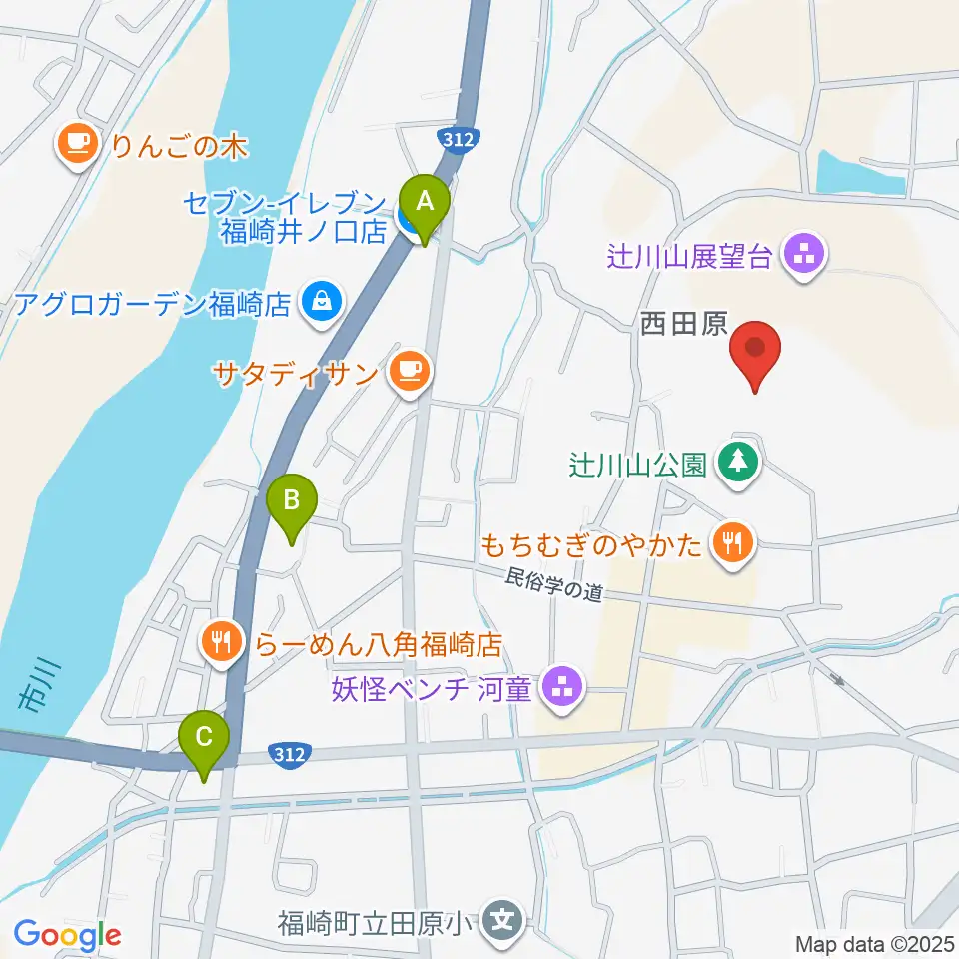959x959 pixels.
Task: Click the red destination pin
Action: pyautogui.click(x=755, y=352)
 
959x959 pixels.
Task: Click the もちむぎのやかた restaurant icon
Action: pyautogui.click(x=732, y=544)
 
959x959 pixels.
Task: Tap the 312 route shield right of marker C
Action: pyautogui.click(x=291, y=755)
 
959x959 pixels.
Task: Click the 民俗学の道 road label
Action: pyautogui.click(x=555, y=583)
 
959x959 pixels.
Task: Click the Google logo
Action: pyautogui.click(x=68, y=936)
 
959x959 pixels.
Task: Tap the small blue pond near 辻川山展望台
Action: pyautogui.click(x=859, y=171)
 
